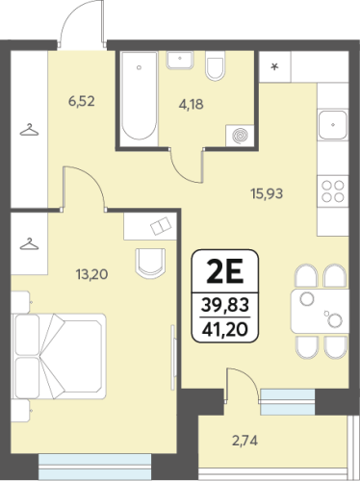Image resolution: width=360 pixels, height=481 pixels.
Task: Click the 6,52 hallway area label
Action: click(x=82, y=101)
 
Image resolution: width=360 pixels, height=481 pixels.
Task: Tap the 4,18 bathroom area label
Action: click(x=192, y=105)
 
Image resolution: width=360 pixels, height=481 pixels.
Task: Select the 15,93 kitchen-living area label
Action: click(x=267, y=193)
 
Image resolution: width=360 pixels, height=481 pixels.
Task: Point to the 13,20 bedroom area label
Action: click(x=91, y=274)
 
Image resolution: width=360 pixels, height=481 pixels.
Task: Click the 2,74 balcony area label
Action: click(x=245, y=441)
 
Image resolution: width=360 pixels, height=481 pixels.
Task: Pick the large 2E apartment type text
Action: click(x=224, y=271)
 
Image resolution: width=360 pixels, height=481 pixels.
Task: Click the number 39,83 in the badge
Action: click(x=225, y=305)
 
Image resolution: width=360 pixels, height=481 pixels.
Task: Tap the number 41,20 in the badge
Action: click(x=225, y=329)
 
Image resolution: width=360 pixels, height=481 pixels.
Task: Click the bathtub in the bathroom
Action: click(x=139, y=96)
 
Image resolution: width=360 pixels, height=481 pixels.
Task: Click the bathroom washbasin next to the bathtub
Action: click(x=180, y=60)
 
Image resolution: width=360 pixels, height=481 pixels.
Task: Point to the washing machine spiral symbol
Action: click(x=240, y=136)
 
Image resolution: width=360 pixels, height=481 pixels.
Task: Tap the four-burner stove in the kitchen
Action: click(x=333, y=191)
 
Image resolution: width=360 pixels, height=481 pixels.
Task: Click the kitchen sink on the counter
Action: click(x=333, y=125)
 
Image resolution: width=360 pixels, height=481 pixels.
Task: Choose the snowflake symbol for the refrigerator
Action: click(x=274, y=67)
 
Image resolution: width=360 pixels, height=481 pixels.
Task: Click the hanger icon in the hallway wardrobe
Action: click(x=29, y=130)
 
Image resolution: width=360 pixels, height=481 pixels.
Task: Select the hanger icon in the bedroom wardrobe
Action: click(x=29, y=244)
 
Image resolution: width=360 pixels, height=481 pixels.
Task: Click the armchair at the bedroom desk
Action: click(x=150, y=263)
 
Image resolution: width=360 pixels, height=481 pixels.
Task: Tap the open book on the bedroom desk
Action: click(x=162, y=226)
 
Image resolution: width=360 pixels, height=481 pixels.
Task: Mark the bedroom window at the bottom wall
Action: click(x=94, y=467)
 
